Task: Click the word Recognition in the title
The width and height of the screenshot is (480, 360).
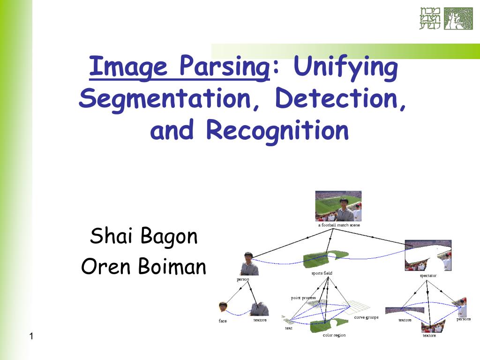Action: point(277,130)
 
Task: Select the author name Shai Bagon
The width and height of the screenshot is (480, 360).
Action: point(143,236)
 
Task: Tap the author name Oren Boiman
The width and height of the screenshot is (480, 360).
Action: point(143,267)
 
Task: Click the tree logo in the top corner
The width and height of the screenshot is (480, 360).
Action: point(458,19)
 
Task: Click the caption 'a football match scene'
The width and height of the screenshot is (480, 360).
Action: point(339,225)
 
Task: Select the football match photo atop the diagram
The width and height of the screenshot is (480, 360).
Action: point(338,206)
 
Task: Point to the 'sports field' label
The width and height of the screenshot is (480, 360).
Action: point(322,273)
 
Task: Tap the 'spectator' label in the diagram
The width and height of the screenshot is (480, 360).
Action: point(428,276)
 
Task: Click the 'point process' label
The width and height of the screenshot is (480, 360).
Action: point(303,298)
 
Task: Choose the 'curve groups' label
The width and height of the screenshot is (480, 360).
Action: point(366,317)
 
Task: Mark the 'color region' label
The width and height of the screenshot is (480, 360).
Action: point(334,335)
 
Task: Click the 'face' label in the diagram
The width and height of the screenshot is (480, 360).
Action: point(223,321)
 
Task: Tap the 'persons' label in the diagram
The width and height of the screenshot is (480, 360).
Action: point(464,319)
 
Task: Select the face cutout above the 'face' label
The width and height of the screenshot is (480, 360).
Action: point(223,307)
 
